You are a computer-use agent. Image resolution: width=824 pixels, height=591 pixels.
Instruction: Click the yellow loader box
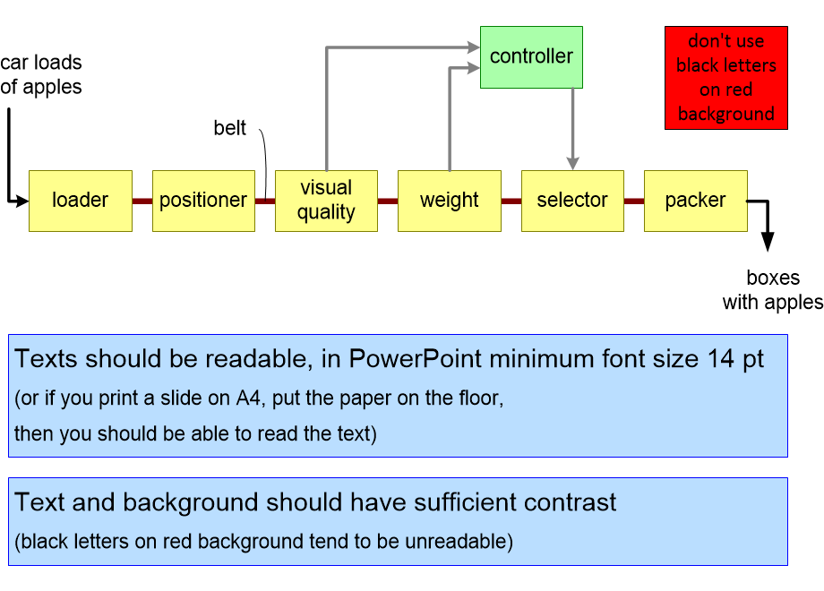point(81,201)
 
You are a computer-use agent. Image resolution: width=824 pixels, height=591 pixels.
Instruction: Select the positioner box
point(203,201)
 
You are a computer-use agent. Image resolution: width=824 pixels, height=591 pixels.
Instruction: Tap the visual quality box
point(326,201)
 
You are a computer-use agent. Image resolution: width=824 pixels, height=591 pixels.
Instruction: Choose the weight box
point(449,201)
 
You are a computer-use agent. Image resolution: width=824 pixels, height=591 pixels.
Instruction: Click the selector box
point(572,201)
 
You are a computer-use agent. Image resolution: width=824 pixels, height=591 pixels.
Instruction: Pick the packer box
point(695,201)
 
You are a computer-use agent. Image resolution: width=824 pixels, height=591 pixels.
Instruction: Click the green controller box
point(531,56)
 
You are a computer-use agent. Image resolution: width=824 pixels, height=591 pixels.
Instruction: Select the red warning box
point(725,78)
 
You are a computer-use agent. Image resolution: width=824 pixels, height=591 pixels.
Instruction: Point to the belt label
point(229,128)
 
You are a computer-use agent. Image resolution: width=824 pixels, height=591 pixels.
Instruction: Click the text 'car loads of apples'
point(41,75)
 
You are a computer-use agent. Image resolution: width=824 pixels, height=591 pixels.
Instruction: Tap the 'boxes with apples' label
point(772,290)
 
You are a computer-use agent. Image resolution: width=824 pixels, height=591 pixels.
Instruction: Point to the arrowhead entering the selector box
point(572,162)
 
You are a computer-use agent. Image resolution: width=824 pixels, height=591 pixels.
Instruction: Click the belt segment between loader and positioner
point(142,201)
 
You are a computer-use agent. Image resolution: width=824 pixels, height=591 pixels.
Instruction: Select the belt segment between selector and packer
point(634,201)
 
